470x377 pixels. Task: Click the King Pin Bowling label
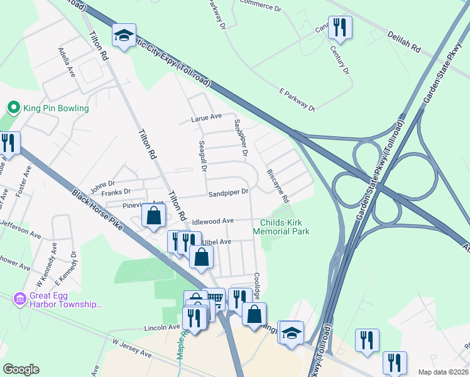tap(56, 108)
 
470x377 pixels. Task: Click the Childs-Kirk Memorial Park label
tap(281, 226)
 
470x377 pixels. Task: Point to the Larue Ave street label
tap(207, 117)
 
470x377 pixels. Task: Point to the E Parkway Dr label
tap(297, 100)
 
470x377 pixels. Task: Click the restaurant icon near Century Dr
tap(340, 27)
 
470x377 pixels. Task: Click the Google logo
tap(21, 369)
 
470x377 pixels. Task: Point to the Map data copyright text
tap(443, 372)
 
